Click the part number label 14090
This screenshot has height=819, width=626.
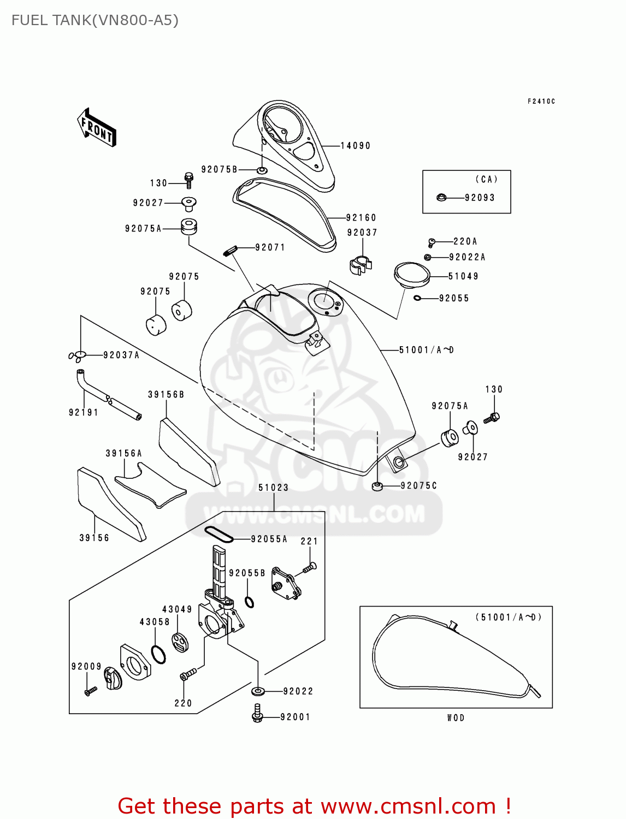click(356, 146)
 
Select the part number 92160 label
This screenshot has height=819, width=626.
click(361, 218)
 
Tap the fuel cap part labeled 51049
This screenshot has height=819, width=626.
click(411, 275)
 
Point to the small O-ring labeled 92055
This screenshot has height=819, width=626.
click(417, 298)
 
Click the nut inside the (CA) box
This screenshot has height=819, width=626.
click(441, 197)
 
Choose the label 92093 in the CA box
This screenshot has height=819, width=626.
click(480, 198)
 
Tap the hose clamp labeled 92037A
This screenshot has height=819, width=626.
click(78, 356)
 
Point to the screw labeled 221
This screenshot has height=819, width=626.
click(309, 568)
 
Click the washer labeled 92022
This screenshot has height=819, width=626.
click(258, 691)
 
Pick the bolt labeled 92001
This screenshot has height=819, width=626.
click(258, 713)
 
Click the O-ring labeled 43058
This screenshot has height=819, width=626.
click(158, 654)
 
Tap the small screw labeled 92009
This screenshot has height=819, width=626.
click(90, 691)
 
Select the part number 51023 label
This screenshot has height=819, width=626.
click(274, 488)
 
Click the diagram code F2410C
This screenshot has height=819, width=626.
click(541, 102)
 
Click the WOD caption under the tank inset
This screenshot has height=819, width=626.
click(456, 718)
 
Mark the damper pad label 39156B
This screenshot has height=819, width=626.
click(166, 394)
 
